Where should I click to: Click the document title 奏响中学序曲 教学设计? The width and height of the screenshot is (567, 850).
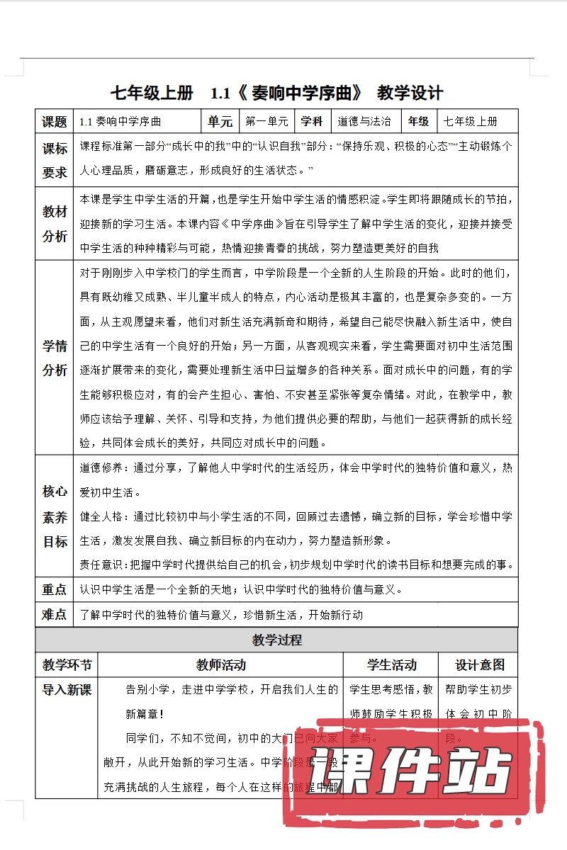click(277, 93)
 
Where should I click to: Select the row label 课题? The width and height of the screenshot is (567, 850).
click(55, 121)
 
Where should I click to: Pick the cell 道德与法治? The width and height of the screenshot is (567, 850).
click(365, 121)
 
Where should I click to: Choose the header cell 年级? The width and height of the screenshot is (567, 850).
click(419, 121)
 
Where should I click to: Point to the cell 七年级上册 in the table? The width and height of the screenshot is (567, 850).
click(471, 121)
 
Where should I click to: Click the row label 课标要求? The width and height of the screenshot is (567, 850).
click(55, 160)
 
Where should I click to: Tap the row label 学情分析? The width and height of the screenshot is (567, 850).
click(55, 358)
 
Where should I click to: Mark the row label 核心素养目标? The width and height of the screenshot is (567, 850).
click(55, 516)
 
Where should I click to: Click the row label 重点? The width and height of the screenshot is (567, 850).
click(55, 589)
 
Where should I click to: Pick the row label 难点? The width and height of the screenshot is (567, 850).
click(55, 614)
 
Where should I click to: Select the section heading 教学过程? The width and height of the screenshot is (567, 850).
click(277, 640)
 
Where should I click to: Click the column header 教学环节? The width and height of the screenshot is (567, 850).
click(67, 664)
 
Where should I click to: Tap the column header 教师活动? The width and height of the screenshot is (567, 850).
click(221, 664)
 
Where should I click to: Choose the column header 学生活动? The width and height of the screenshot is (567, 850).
click(391, 664)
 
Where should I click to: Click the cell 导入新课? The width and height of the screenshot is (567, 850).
click(67, 689)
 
